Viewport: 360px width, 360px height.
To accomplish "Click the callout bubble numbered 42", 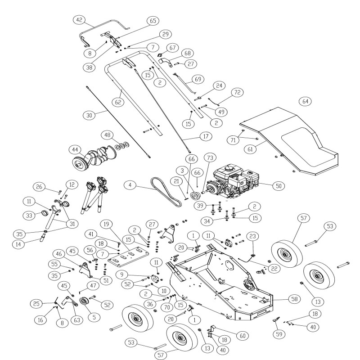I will [79, 20].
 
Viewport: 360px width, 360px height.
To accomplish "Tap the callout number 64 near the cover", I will [306, 101].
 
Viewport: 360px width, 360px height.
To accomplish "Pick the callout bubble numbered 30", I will [90, 115].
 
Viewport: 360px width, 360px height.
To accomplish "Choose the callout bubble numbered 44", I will [75, 149].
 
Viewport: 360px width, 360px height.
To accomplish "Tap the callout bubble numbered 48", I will [107, 135].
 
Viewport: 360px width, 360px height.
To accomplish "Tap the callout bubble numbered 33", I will [41, 216].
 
